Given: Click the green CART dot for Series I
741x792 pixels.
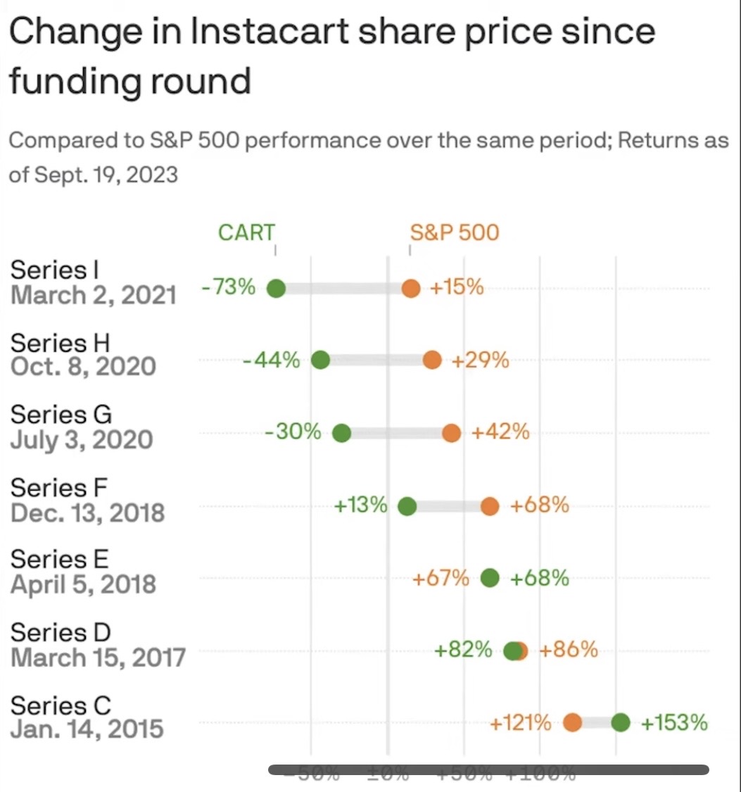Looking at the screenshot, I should click(276, 288).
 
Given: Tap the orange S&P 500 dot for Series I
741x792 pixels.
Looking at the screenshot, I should click(411, 288).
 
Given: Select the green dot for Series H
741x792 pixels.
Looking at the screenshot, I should click(320, 360).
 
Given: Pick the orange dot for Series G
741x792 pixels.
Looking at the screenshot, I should click(452, 433).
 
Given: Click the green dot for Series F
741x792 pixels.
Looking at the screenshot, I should click(407, 506).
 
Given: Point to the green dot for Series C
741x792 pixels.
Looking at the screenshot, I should click(620, 722).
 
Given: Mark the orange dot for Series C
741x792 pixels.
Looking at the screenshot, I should click(572, 722).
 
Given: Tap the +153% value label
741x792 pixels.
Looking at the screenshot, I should click(673, 722).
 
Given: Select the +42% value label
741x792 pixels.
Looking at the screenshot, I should click(500, 432).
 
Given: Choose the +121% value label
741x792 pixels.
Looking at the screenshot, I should click(521, 722).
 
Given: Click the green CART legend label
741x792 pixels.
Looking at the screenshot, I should click(246, 232).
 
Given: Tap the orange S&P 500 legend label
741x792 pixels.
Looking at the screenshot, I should click(455, 232).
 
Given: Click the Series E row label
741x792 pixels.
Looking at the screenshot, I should click(60, 560).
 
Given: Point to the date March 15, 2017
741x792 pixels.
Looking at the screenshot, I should click(98, 658).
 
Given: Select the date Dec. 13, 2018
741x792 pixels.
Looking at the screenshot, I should click(88, 513).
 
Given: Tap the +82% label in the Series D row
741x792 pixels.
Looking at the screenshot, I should click(463, 650).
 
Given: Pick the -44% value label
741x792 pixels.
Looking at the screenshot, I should click(272, 360).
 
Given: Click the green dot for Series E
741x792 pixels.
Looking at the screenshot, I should click(490, 578).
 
